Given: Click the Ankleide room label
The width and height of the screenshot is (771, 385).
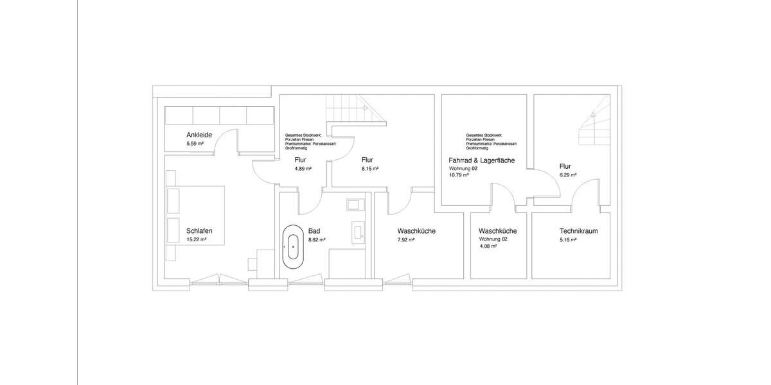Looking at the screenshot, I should point(200,135).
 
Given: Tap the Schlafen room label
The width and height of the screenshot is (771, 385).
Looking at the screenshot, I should point(199,231).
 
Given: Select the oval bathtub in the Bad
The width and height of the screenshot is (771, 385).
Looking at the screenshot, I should point(293,245).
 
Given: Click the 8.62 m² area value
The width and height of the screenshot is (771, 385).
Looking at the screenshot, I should point(317,239).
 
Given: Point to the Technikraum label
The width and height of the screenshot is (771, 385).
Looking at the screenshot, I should point(561,231).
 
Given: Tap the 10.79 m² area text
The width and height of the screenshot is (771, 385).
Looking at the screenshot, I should point(459,175).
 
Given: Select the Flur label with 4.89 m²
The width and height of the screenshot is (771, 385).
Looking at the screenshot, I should point(300,160).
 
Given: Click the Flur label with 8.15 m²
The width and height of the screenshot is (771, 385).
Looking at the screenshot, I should point(368,160).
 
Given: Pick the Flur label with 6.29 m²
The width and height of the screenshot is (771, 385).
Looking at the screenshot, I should point(565,166).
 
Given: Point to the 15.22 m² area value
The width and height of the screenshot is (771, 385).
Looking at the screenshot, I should point(196,239).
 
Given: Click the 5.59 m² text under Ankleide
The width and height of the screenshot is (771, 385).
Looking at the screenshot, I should point(195,144).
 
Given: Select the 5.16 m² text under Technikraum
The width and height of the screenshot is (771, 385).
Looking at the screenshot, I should point(568,239).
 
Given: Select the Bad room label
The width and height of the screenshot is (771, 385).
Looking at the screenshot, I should point(314,231).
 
